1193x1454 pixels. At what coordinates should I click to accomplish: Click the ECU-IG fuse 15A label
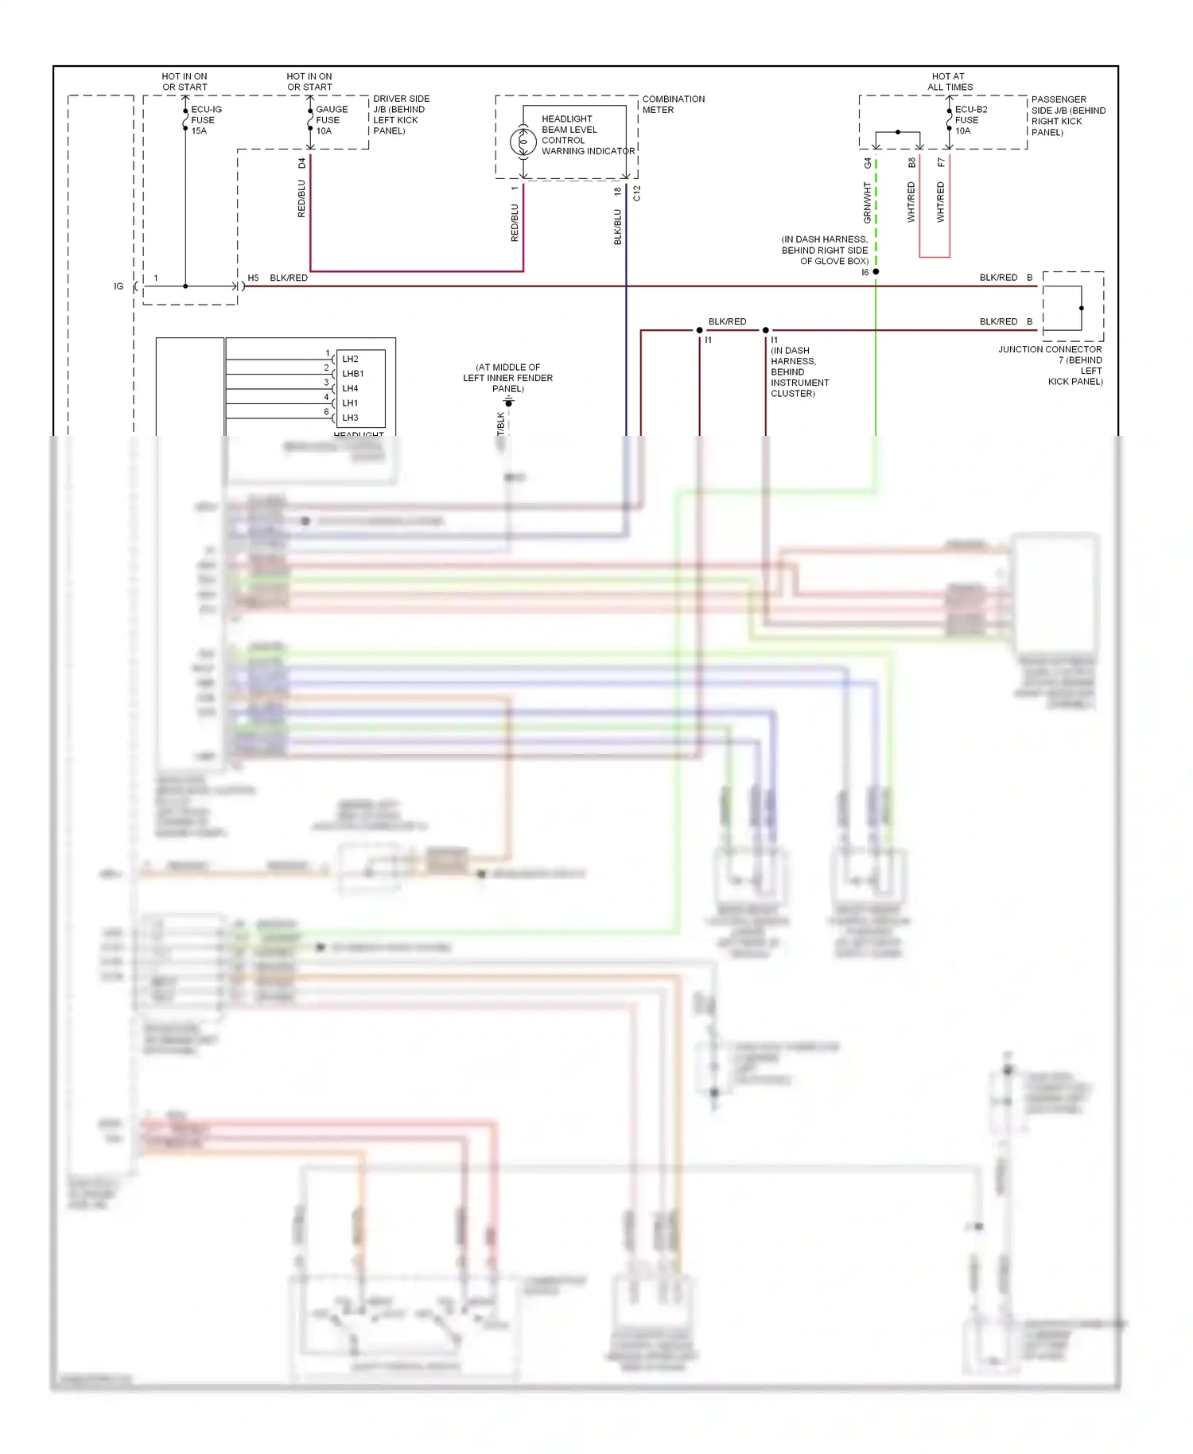point(205,120)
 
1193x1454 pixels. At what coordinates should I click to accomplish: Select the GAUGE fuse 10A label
point(331,120)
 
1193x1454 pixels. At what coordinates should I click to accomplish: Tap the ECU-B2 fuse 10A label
point(970,120)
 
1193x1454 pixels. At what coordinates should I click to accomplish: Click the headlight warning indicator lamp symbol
point(523,142)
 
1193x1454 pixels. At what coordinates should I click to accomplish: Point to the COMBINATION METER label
point(673,104)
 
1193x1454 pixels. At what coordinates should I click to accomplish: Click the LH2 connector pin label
point(350,359)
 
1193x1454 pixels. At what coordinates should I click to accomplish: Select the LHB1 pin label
point(352,374)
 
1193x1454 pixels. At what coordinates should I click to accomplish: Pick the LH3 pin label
point(350,418)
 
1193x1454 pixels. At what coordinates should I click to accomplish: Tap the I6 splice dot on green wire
point(876,272)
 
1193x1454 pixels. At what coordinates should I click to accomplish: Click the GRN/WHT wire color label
point(867,202)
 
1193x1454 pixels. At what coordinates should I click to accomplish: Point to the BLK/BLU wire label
point(617,227)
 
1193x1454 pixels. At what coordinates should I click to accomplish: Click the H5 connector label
point(253,278)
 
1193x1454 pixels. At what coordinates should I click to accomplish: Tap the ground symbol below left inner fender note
point(508,402)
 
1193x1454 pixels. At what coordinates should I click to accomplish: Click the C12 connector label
point(636,193)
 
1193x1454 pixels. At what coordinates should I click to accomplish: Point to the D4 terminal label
point(301,163)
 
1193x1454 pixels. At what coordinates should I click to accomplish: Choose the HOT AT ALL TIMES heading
point(950,82)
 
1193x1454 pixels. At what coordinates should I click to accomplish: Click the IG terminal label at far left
point(119,286)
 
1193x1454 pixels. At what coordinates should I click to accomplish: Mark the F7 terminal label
point(941,162)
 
